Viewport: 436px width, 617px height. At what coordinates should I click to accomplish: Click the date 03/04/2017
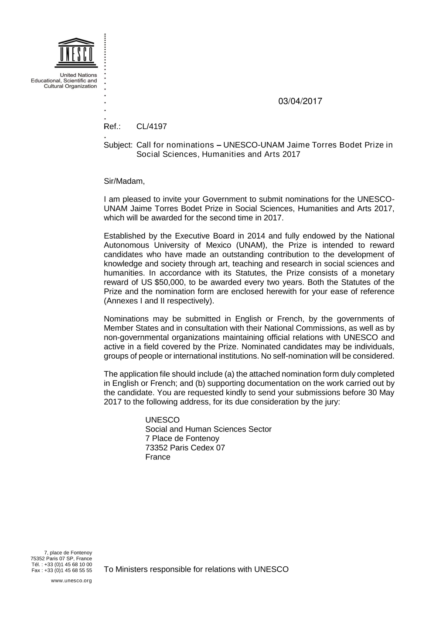pos(300,101)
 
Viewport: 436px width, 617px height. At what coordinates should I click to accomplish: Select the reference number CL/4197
pos(151,127)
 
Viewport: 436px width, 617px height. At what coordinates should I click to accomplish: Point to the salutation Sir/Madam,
pos(124,181)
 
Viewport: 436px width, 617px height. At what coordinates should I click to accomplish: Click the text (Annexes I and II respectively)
pos(159,301)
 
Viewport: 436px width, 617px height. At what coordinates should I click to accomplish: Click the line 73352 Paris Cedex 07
pos(185,448)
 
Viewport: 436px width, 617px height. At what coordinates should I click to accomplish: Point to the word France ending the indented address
pos(158,457)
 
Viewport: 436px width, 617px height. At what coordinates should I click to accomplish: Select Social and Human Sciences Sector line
pos(208,429)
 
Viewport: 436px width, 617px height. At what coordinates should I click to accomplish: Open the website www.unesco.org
pos(72,581)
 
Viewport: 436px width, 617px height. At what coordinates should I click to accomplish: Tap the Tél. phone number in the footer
pos(62,565)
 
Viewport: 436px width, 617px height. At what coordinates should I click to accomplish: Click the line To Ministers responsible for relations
pos(196,569)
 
